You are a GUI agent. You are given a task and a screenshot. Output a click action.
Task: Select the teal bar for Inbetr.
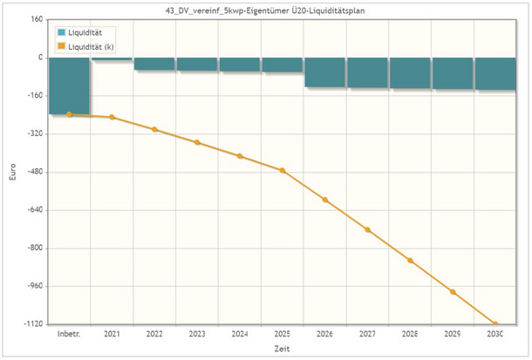pyautogui.click(x=70, y=85)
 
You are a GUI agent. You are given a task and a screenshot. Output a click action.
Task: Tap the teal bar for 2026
pyautogui.click(x=325, y=72)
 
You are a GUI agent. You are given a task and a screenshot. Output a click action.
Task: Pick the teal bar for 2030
pyautogui.click(x=495, y=74)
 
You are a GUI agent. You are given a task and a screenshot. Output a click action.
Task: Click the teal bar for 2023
pyautogui.click(x=197, y=65)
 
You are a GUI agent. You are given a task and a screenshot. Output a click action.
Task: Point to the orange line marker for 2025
pyautogui.click(x=283, y=170)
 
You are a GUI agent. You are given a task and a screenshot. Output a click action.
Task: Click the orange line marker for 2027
pyautogui.click(x=368, y=230)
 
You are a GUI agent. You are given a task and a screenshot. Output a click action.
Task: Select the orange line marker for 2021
pyautogui.click(x=112, y=117)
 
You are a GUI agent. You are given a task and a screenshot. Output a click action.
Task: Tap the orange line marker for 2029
pyautogui.click(x=453, y=291)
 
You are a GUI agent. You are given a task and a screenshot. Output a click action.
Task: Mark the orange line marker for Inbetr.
pyautogui.click(x=70, y=114)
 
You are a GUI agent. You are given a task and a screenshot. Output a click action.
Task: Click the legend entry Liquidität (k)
pyautogui.click(x=95, y=44)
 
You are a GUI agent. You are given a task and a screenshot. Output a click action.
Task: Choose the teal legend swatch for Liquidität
pyautogui.click(x=62, y=32)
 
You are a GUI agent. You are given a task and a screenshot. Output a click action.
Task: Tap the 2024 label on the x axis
pyautogui.click(x=240, y=334)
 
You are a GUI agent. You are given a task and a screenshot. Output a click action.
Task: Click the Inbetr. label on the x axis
pyautogui.click(x=70, y=334)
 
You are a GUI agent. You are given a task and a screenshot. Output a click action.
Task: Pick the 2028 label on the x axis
pyautogui.click(x=411, y=334)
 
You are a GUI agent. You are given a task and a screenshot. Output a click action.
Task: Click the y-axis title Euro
pyautogui.click(x=11, y=172)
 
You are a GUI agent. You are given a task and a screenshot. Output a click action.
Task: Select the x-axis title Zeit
pyautogui.click(x=283, y=349)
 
